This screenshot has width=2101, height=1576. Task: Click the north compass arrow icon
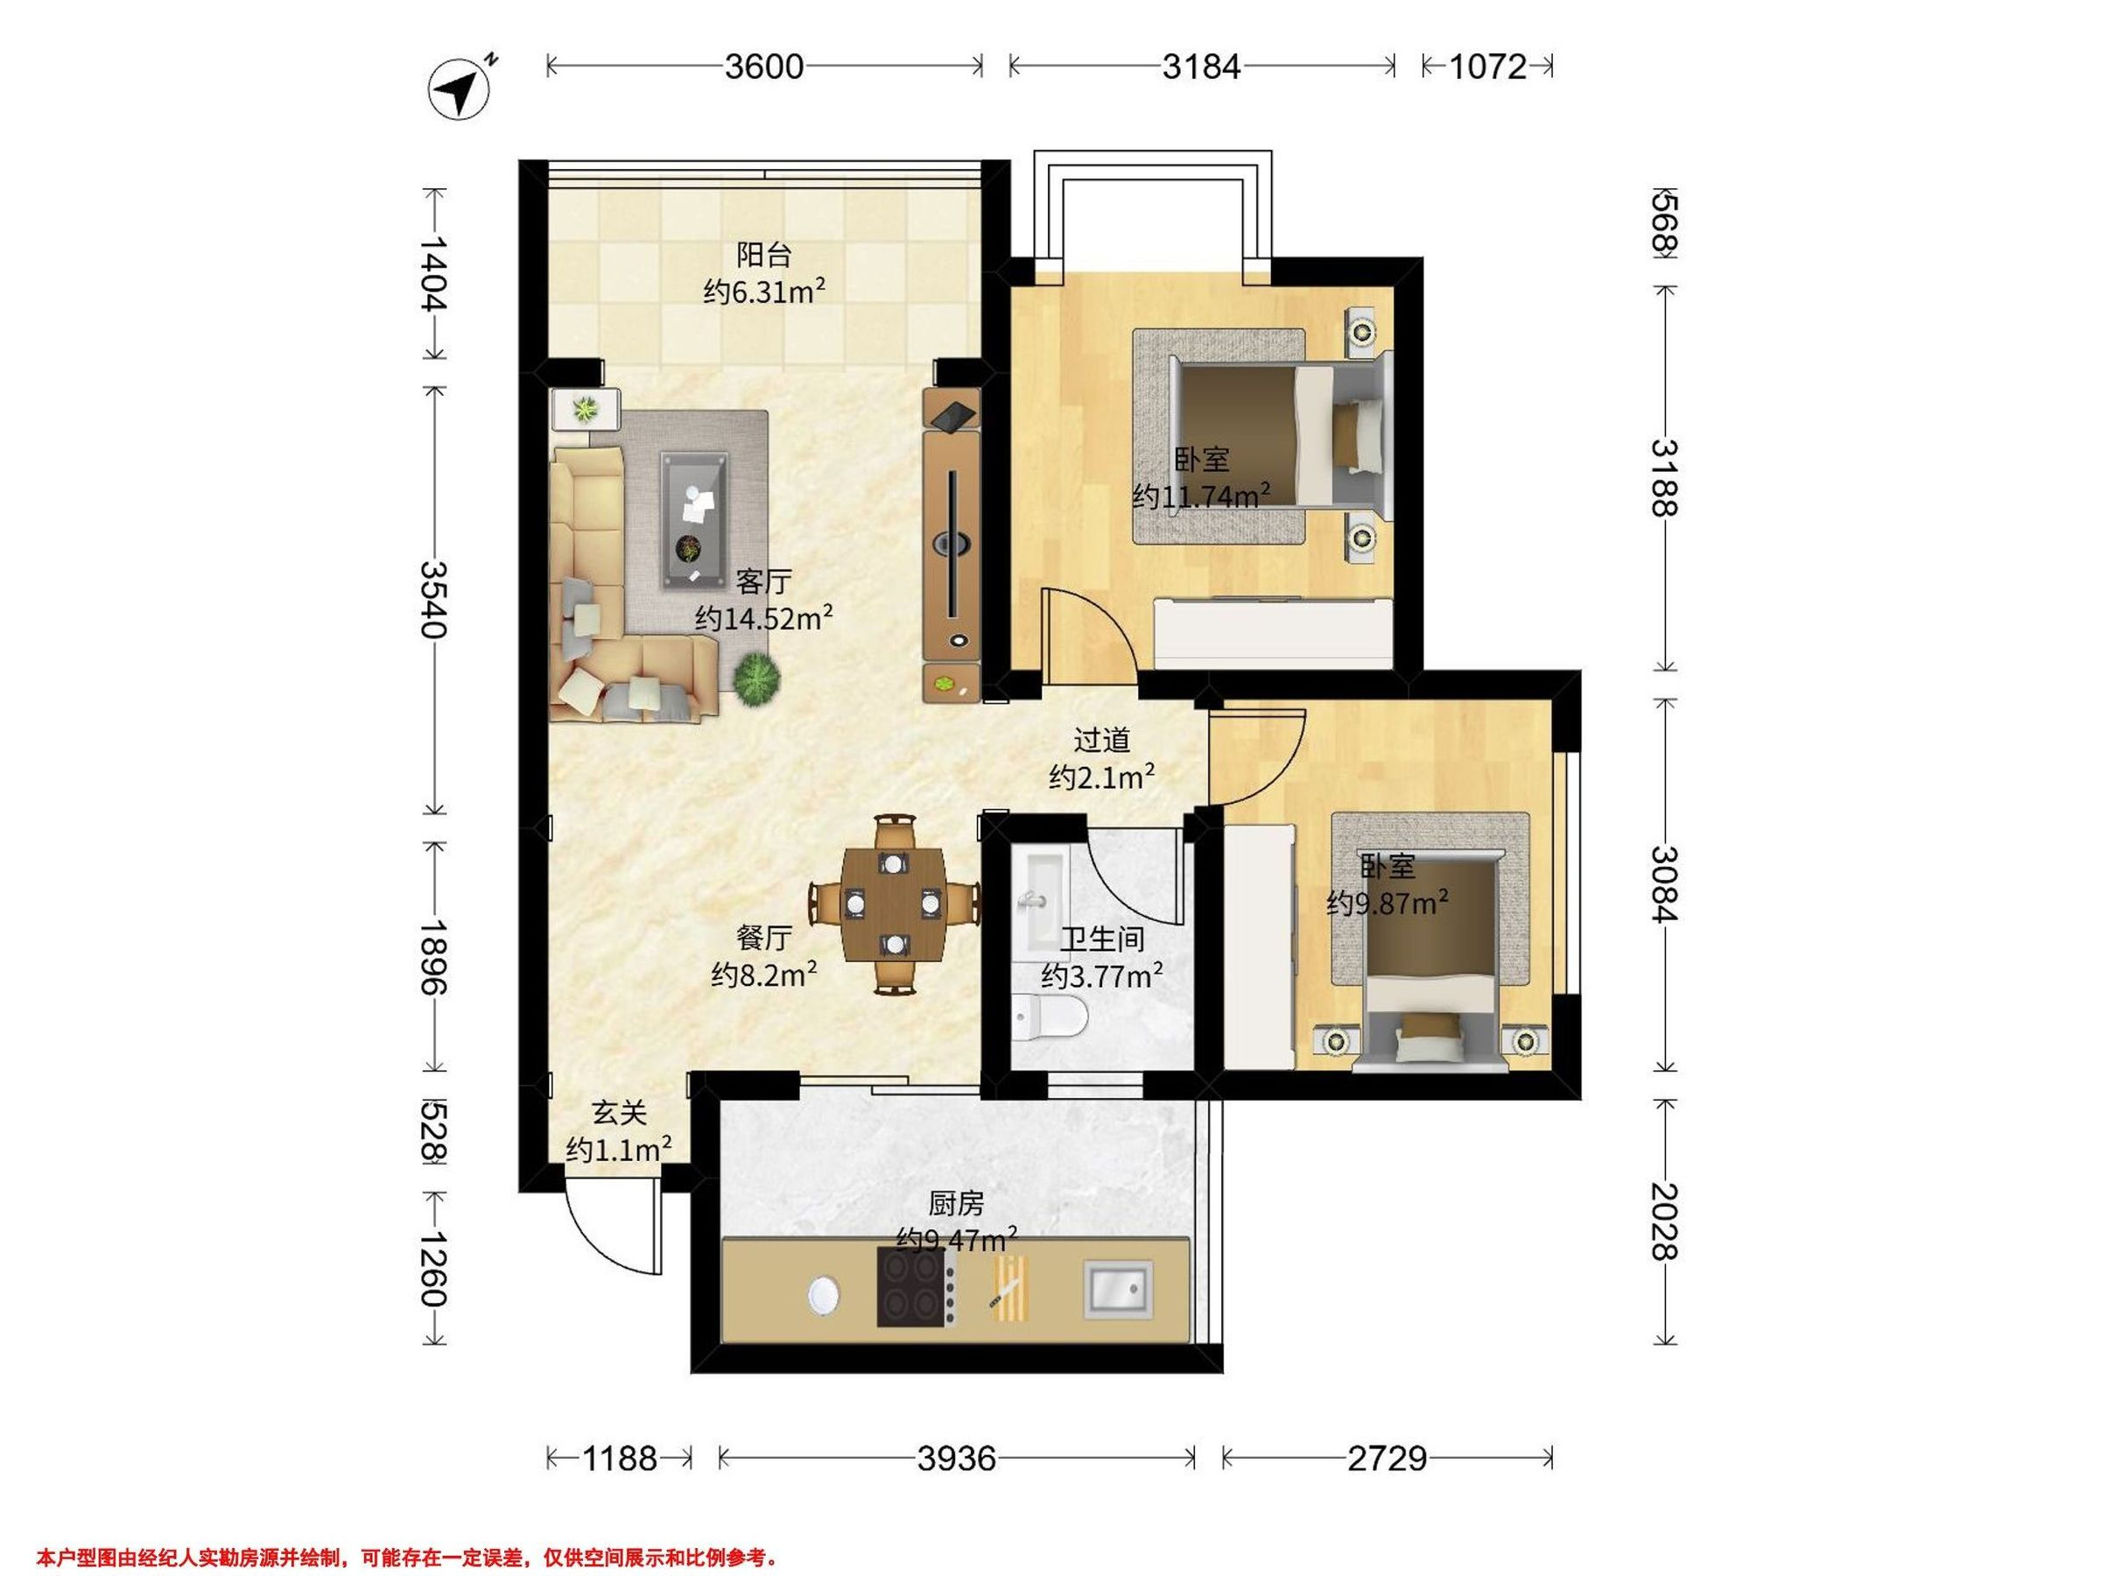click(461, 89)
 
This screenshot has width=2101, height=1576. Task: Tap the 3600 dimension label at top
click(764, 67)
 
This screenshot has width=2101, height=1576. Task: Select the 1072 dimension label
click(1488, 67)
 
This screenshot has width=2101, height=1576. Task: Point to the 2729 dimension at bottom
click(1388, 1457)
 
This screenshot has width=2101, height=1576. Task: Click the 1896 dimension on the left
click(434, 956)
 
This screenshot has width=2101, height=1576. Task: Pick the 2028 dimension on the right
click(1665, 1221)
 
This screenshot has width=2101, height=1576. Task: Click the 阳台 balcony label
click(764, 255)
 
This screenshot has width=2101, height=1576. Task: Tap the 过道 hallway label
click(1102, 739)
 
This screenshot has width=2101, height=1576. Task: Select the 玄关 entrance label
click(619, 1111)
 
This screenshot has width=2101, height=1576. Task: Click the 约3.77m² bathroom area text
click(1102, 975)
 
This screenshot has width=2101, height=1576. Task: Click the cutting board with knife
click(1009, 1288)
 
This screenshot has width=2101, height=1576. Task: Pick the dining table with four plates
click(894, 904)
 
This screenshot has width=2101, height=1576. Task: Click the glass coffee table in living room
click(696, 519)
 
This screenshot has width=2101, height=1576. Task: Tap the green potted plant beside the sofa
click(757, 680)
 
